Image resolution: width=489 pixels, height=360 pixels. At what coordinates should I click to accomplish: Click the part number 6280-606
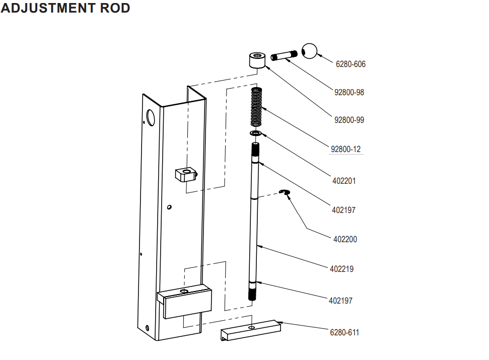351,64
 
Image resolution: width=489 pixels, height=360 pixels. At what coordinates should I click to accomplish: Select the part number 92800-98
349,93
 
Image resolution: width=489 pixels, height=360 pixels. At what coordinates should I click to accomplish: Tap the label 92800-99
349,120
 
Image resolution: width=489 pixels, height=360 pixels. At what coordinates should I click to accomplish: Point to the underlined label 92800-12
345,150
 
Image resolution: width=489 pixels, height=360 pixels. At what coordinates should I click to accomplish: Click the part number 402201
344,181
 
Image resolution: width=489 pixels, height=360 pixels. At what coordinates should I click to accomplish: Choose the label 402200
345,240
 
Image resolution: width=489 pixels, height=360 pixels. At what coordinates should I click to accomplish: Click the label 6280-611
344,332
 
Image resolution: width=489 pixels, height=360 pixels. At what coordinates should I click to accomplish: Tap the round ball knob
310,51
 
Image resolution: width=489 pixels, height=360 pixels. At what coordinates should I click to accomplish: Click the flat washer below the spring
256,133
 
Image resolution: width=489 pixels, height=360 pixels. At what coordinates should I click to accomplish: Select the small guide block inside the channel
186,175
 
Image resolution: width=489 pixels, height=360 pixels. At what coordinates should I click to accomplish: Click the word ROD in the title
112,8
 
